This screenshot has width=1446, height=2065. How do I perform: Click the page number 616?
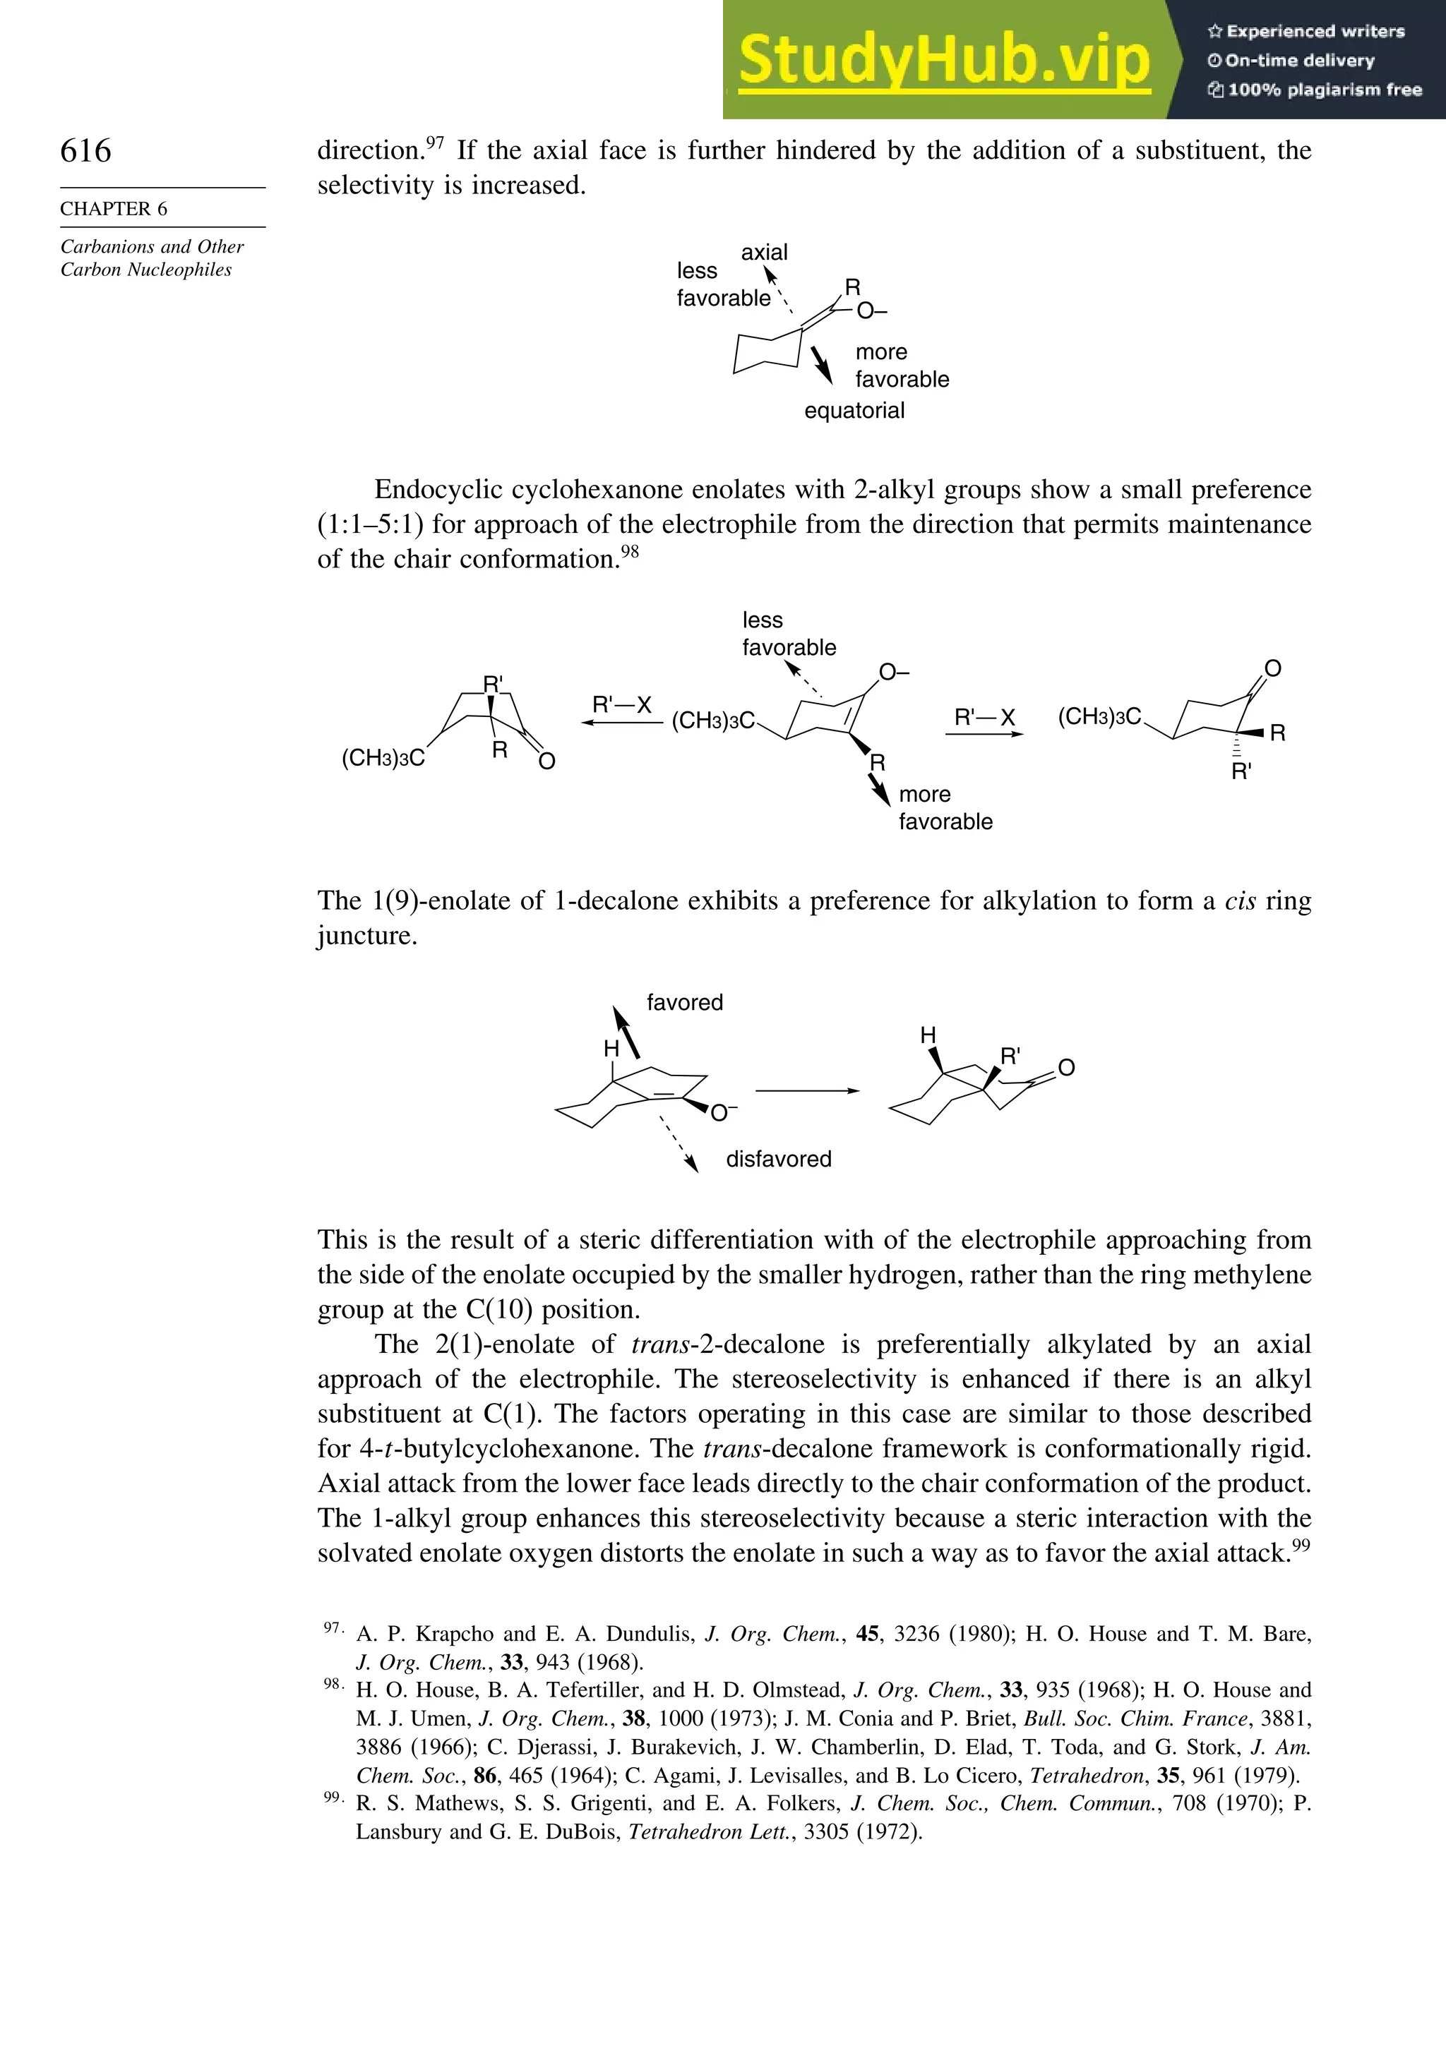[x=85, y=151]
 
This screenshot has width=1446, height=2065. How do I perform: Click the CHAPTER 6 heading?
[x=114, y=209]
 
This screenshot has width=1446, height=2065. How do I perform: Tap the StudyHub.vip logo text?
[x=944, y=59]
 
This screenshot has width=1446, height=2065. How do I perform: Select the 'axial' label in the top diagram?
[x=764, y=253]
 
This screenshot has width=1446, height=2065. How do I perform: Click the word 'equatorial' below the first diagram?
[x=854, y=411]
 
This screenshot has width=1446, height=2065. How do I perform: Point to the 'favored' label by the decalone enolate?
[x=684, y=1003]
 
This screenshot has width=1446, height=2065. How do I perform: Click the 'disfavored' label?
[x=778, y=1160]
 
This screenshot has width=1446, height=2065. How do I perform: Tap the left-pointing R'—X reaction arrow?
[x=621, y=721]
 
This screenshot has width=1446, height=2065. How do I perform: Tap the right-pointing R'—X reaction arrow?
[x=984, y=734]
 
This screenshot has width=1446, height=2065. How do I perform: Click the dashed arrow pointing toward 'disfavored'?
[x=679, y=1144]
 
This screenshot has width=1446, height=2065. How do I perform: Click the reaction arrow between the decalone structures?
[x=806, y=1091]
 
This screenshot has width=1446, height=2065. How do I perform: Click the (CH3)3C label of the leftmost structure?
[x=383, y=758]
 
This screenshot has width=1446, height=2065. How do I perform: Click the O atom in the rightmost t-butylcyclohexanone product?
[x=1272, y=668]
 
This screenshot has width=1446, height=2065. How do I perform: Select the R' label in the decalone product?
[x=1010, y=1056]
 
